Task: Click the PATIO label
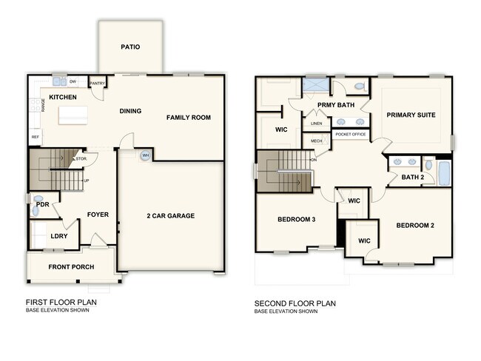point(130,47)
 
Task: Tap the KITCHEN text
point(64,97)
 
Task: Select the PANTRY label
point(96,84)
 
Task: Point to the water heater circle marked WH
point(145,155)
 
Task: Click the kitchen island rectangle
point(73,114)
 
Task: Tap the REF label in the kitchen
point(35,138)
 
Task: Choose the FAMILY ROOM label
point(188,118)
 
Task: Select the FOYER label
point(98,215)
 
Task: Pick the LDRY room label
point(59,237)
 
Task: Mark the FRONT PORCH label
point(70,266)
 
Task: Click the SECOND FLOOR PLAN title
point(295,303)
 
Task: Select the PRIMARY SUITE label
point(410,115)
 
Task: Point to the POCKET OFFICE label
point(351,135)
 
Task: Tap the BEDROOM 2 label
point(414,226)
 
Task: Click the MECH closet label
point(316,141)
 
